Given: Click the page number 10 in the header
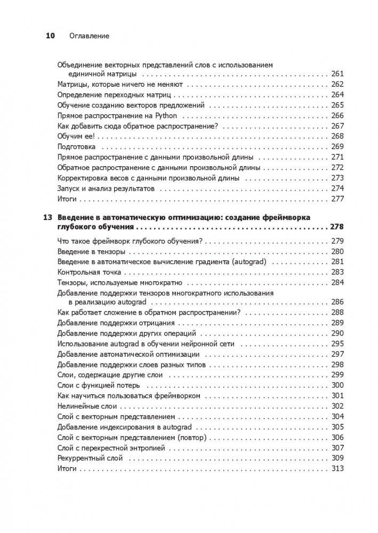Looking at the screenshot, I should (x=51, y=36).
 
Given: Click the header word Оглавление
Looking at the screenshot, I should (x=90, y=36).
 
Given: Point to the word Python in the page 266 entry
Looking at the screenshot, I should (x=170, y=116).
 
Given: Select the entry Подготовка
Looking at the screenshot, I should (x=76, y=146).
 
